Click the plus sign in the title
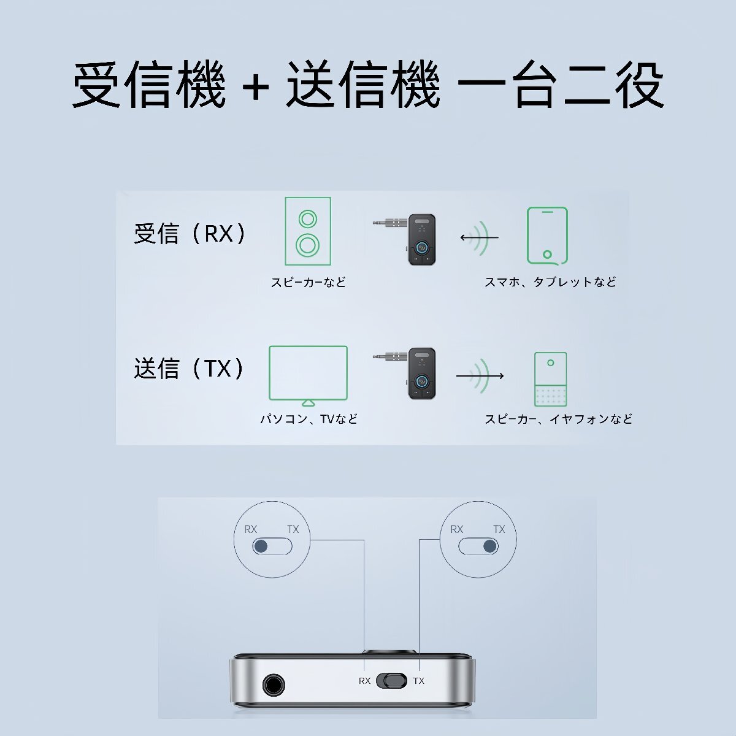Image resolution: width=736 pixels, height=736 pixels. pos(256,86)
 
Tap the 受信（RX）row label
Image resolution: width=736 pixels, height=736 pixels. pos(190,234)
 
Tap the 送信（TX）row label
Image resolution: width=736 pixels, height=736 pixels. pos(190,369)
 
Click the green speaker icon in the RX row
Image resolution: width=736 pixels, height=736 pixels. pos(308,231)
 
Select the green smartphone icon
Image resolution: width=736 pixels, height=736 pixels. pos(547,236)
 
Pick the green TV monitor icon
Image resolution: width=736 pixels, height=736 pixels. pos(308,374)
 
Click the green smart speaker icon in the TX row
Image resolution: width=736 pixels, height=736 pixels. pos(550,378)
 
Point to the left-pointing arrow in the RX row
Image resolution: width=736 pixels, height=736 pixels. pos(478,238)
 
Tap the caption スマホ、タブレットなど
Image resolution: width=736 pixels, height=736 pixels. pos(550,282)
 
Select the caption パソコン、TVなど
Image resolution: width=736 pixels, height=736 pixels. pos(309,419)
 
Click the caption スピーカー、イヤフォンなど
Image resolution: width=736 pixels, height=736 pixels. pos(558,419)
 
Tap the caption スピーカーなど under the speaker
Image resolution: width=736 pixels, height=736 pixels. pos(309,282)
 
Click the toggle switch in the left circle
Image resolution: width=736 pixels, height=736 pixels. pos(272,546)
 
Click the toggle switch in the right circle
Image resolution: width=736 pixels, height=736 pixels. pos(478,546)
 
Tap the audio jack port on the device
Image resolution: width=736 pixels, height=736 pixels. pos(274,684)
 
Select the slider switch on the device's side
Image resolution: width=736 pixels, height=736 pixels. pos(391,680)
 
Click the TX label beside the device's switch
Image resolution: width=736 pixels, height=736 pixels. pos(418,681)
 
